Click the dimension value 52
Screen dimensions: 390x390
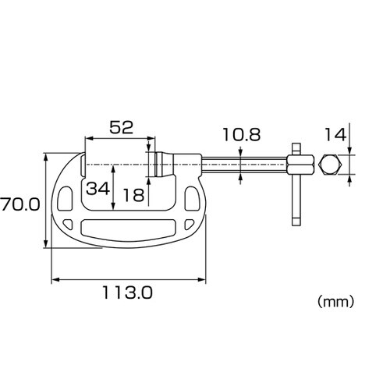121,127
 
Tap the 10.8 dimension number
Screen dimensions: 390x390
242,135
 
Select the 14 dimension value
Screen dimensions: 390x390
335,135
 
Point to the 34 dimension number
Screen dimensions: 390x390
97,189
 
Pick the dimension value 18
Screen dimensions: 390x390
133,195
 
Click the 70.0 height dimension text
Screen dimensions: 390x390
20,204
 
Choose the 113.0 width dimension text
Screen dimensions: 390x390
127,292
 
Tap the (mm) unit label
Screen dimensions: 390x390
335,302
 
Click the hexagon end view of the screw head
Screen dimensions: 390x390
329,165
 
